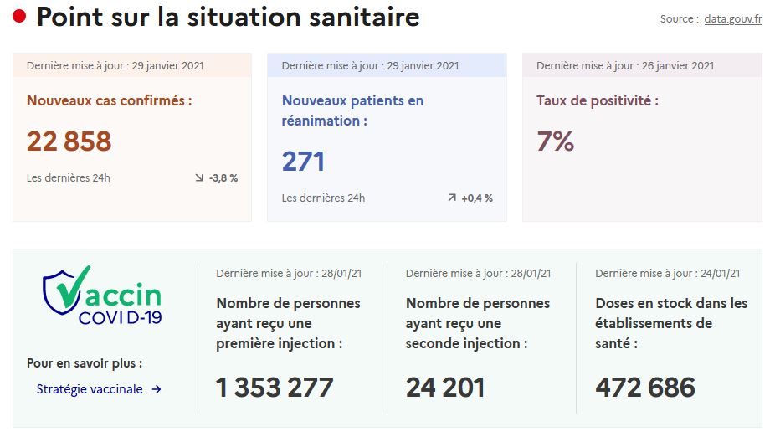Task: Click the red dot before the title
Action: point(19,16)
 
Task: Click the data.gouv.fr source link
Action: point(733,19)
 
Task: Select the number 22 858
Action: point(69,141)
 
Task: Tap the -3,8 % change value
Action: point(223,178)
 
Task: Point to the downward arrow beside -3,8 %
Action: point(199,177)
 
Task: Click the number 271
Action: point(303,162)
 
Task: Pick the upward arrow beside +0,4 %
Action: point(452,198)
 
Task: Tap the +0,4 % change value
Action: point(477,198)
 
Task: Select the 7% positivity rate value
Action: point(555,141)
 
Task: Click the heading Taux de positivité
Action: point(598,100)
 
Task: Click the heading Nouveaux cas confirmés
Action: point(110,100)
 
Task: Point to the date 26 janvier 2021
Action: point(678,66)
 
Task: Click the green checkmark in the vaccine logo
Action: point(73,288)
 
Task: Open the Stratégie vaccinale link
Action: point(90,389)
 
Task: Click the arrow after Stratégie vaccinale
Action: point(157,389)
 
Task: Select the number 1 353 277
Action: point(275,387)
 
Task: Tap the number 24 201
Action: point(445,387)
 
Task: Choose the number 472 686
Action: point(645,387)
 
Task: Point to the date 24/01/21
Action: point(720,274)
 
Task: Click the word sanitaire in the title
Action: point(364,17)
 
